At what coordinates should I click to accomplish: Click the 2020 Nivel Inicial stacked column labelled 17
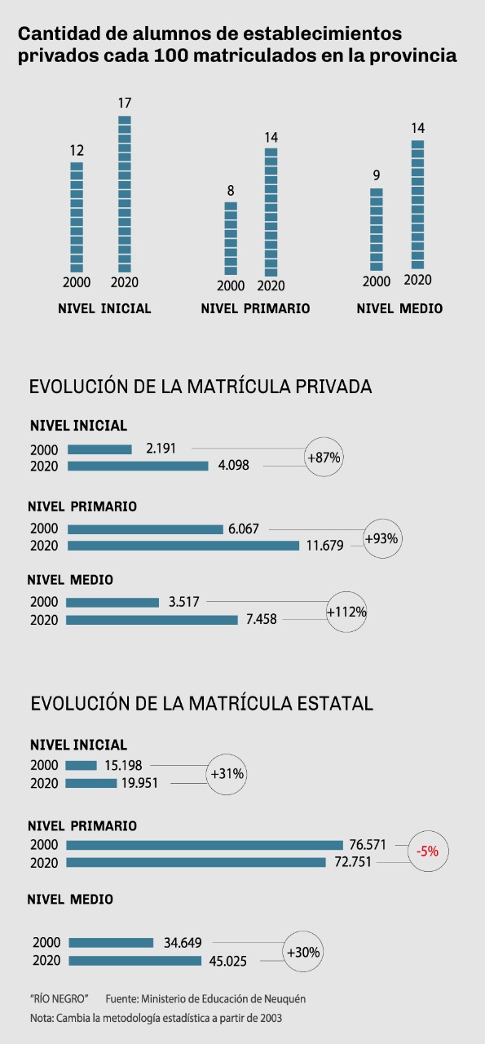(125, 194)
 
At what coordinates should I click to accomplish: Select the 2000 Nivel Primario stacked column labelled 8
(231, 238)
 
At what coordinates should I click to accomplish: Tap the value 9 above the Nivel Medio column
(377, 175)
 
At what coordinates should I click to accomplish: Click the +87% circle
(324, 457)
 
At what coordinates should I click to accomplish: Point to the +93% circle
(382, 538)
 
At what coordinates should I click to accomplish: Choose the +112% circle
(346, 612)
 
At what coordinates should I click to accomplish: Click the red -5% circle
(428, 851)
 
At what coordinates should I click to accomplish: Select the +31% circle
(227, 774)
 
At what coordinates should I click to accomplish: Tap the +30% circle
(303, 952)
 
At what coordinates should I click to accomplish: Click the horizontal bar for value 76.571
(205, 845)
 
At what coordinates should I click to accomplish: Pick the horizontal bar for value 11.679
(183, 546)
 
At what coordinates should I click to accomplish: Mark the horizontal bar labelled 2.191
(99, 449)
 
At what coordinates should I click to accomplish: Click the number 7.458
(262, 619)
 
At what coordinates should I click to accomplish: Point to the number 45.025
(227, 961)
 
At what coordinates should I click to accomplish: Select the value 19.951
(139, 783)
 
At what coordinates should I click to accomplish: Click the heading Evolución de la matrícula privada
(201, 387)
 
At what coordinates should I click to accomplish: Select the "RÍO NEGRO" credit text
(60, 999)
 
